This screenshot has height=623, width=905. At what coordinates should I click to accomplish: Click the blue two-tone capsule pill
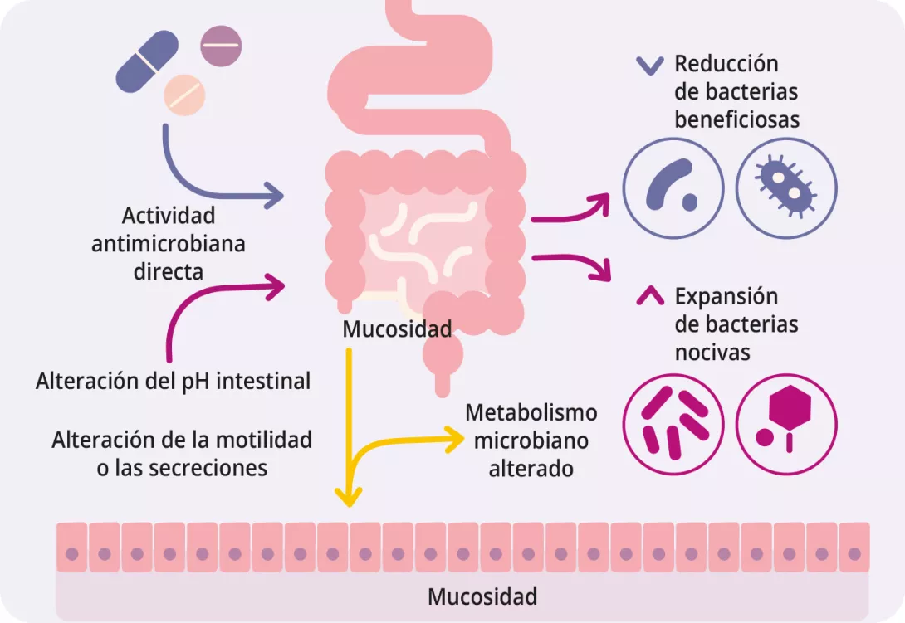(147, 61)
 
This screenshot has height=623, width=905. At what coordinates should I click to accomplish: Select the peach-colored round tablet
(184, 93)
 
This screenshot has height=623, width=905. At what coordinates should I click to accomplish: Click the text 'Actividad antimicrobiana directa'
(169, 243)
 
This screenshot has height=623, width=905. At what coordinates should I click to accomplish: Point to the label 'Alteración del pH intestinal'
(173, 381)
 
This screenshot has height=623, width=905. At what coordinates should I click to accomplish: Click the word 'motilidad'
(268, 439)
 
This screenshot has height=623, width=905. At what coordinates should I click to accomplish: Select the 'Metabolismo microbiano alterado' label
(531, 440)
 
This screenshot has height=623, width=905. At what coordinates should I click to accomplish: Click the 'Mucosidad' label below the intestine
(397, 329)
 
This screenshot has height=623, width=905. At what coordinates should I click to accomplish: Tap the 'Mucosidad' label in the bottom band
(482, 596)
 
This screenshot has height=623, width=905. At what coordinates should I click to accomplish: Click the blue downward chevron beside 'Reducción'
(649, 66)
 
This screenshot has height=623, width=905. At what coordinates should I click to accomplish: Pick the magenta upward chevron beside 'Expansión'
(649, 296)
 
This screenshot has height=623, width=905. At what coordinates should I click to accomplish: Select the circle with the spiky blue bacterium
(786, 187)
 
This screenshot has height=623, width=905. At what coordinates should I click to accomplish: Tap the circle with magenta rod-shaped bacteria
(674, 422)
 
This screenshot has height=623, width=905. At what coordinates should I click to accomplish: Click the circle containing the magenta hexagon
(786, 422)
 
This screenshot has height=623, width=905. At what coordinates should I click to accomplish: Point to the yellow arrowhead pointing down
(349, 497)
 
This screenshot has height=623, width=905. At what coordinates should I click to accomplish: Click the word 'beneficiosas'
(736, 119)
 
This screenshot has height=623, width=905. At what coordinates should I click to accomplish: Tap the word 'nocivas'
(712, 352)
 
